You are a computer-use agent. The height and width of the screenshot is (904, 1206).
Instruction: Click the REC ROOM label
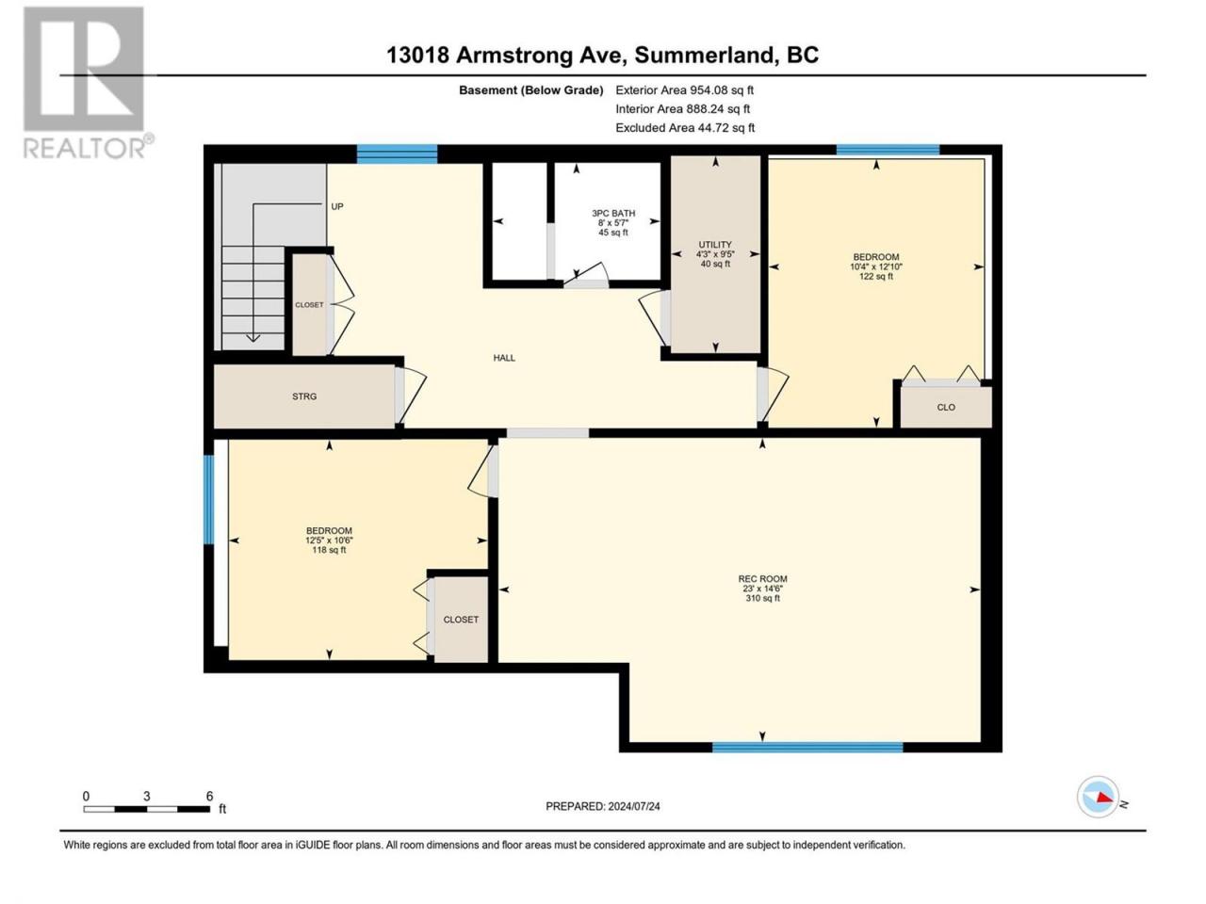pyautogui.click(x=762, y=578)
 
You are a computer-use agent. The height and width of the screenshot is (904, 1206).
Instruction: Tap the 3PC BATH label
pyautogui.click(x=613, y=213)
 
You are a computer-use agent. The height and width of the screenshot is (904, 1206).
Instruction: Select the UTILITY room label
pyautogui.click(x=715, y=244)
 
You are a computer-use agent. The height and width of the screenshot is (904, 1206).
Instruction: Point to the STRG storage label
pyautogui.click(x=303, y=396)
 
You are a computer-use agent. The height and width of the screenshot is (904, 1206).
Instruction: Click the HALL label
pyautogui.click(x=504, y=358)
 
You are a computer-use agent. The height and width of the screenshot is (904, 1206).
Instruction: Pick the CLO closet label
pyautogui.click(x=946, y=407)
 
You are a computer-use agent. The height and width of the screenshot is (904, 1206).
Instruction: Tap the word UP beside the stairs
pyautogui.click(x=336, y=206)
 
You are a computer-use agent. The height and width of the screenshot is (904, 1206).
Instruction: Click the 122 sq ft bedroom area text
pyautogui.click(x=876, y=277)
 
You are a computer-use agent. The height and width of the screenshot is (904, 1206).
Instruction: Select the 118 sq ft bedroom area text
pyautogui.click(x=329, y=550)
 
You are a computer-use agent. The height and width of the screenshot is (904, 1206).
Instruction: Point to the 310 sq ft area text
pyautogui.click(x=762, y=598)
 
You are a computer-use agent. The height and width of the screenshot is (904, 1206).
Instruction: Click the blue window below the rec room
pyautogui.click(x=807, y=747)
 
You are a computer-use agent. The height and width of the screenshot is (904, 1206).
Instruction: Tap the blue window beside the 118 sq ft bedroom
pyautogui.click(x=208, y=499)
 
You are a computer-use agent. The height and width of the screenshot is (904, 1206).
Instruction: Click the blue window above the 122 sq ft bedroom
pyautogui.click(x=888, y=150)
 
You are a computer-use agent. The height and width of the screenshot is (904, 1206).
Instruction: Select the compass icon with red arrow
pyautogui.click(x=1098, y=797)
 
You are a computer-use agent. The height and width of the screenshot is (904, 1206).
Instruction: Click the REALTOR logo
pyautogui.click(x=88, y=82)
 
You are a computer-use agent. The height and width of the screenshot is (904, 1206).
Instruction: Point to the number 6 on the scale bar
pyautogui.click(x=209, y=796)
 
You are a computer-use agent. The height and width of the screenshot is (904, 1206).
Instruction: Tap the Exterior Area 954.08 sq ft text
pyautogui.click(x=685, y=90)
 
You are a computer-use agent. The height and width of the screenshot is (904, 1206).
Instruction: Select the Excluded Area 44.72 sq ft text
pyautogui.click(x=685, y=128)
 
